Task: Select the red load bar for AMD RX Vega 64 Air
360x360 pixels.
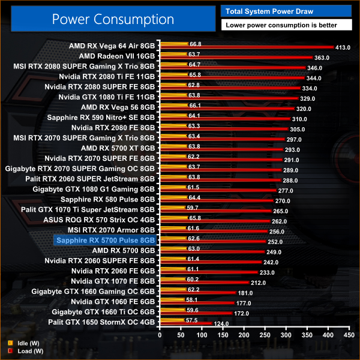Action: pyautogui.click(x=246, y=47)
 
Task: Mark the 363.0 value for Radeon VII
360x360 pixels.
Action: pyautogui.click(x=322, y=58)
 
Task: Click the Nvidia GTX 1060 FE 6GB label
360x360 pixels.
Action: pyautogui.click(x=113, y=301)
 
